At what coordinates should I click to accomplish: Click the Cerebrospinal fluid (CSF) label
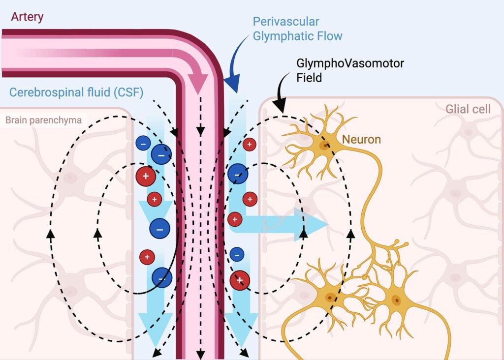[x=76, y=92]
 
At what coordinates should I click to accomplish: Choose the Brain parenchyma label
[x=43, y=120]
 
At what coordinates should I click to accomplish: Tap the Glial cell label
[x=468, y=109]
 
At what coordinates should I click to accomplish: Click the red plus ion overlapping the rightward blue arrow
[x=235, y=218]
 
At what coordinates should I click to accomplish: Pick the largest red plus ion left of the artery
[x=146, y=176]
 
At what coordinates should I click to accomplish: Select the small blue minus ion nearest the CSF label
[x=143, y=144]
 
